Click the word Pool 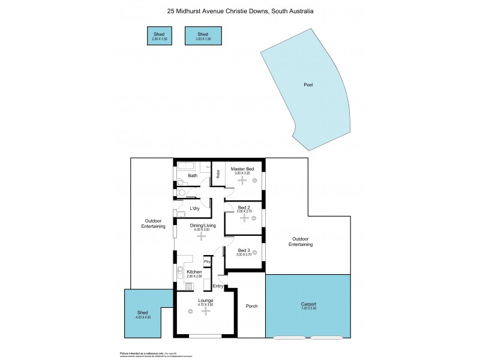pos(308,85)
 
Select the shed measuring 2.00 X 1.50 pos(159,37)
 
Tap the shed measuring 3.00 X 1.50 pos(203,37)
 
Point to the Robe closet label pos(218,175)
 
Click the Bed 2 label pos(244,207)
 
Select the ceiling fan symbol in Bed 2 pos(244,218)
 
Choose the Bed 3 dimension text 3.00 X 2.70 pos(244,255)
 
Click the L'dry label pos(194,208)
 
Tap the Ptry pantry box pos(207,262)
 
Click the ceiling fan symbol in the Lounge pos(206,311)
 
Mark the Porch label pos(252,307)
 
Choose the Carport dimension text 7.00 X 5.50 pos(309,308)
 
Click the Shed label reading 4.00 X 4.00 pos(143,314)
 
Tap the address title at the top pos(240,11)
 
